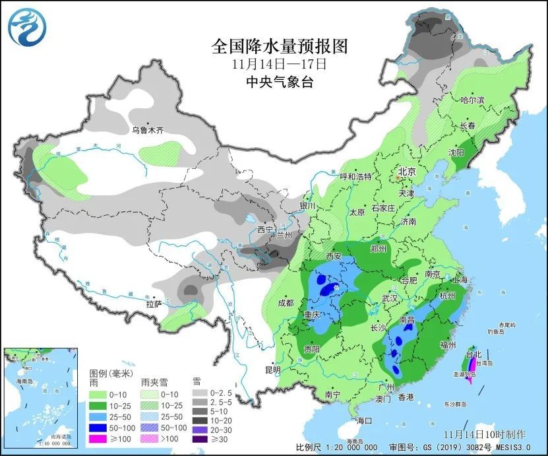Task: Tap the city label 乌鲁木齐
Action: pyautogui.click(x=146, y=130)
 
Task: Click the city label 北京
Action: pyautogui.click(x=406, y=172)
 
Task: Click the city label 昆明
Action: pyautogui.click(x=272, y=368)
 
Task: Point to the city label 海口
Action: pyautogui.click(x=363, y=420)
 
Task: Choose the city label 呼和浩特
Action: pyautogui.click(x=355, y=177)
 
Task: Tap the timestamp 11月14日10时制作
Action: pyautogui.click(x=485, y=434)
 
